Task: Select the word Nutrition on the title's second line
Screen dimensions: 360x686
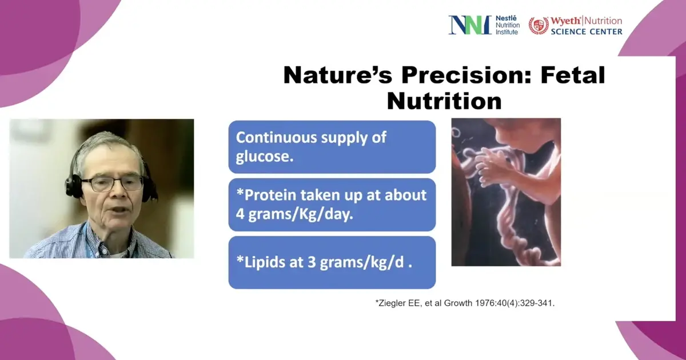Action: (444, 101)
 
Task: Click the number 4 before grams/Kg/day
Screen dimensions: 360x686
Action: (240, 214)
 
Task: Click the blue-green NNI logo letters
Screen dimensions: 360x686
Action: (470, 25)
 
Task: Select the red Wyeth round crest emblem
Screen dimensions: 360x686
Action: (539, 25)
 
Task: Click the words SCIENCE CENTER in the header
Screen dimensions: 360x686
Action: (587, 31)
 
